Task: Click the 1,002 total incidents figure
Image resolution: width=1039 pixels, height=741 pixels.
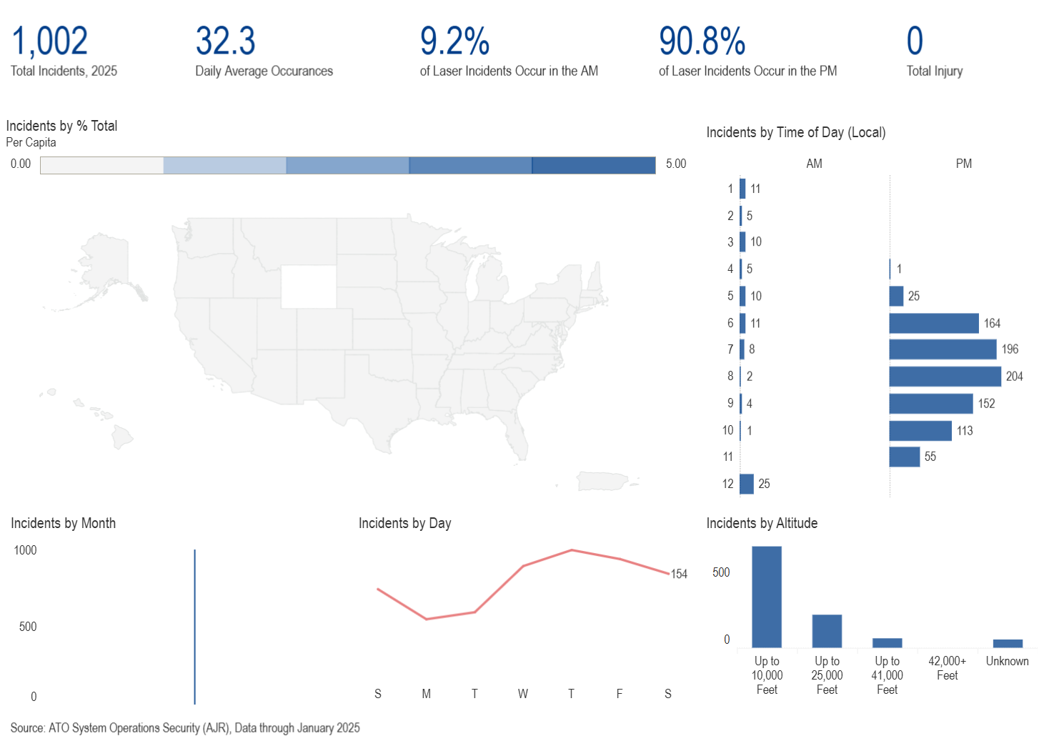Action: [x=49, y=41]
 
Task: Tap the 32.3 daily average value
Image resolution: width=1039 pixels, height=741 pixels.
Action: [x=225, y=41]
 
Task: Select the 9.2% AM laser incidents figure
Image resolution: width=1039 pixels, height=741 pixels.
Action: [x=454, y=41]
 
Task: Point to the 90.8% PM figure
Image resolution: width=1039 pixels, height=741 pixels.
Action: [x=702, y=41]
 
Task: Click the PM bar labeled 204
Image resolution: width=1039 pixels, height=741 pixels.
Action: [x=945, y=377]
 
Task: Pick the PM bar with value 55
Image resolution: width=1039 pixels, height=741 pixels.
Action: [x=904, y=457]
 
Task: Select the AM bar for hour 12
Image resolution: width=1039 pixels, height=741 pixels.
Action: [x=747, y=484]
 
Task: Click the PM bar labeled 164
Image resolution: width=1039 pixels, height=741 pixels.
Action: [x=933, y=323]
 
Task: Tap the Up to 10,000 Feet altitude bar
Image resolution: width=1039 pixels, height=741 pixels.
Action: [x=767, y=597]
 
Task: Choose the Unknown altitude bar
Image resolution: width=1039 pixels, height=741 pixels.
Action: [x=1008, y=643]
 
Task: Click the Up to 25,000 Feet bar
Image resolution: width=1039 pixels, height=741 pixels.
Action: [x=827, y=631]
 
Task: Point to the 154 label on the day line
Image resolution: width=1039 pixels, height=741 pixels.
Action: [x=679, y=574]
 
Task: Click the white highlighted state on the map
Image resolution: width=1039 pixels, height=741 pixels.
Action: [x=309, y=287]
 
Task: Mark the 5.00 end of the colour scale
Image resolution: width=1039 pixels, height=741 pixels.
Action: [x=675, y=164]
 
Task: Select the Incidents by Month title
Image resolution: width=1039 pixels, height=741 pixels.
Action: [x=63, y=523]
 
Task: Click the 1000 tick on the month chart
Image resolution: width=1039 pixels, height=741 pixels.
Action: [x=25, y=550]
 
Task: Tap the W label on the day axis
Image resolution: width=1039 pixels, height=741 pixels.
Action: [x=523, y=694]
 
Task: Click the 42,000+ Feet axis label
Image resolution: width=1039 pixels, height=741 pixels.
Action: [x=947, y=668]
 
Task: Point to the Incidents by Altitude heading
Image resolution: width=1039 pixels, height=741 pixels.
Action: [x=762, y=523]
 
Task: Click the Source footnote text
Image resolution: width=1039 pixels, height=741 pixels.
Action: [x=185, y=728]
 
